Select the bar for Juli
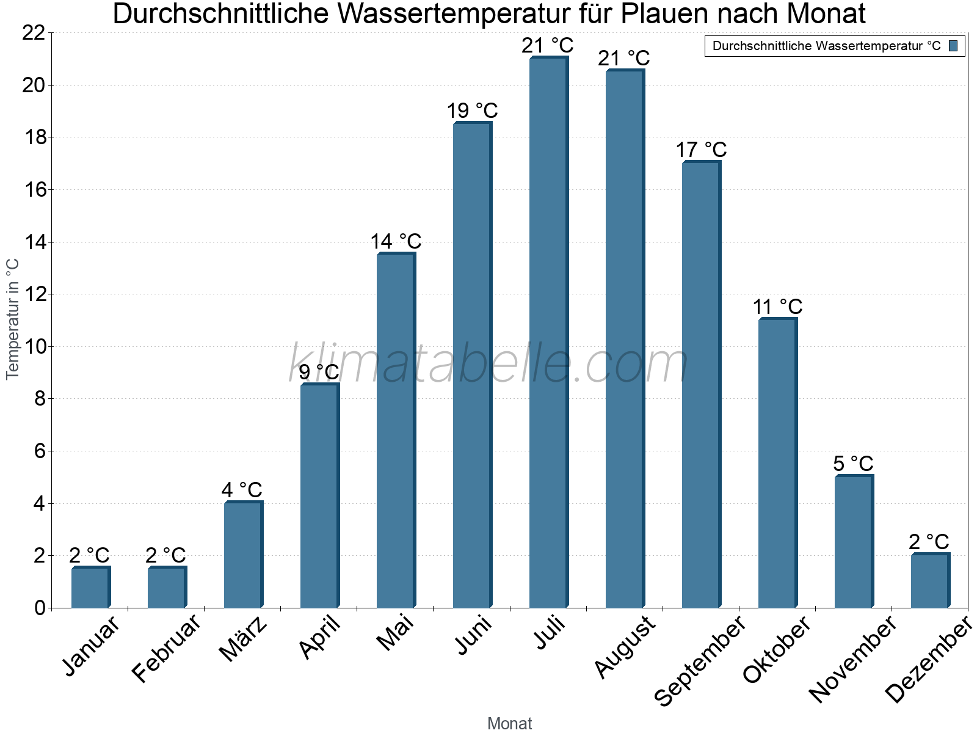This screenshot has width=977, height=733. (548, 333)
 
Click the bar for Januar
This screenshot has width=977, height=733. (90, 588)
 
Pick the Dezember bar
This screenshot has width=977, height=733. (929, 581)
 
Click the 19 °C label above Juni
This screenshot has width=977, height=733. (472, 111)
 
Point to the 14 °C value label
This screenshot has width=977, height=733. (396, 241)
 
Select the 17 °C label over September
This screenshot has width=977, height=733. (701, 150)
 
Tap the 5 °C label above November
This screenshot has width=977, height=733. (853, 464)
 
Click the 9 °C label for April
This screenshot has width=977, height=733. (319, 371)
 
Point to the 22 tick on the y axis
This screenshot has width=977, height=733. (34, 33)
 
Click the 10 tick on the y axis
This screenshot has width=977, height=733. (34, 347)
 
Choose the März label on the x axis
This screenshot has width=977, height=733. (243, 639)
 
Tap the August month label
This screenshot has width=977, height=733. (624, 647)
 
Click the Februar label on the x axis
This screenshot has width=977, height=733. (165, 648)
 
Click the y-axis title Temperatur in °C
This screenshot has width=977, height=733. (13, 319)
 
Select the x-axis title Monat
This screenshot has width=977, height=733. (509, 723)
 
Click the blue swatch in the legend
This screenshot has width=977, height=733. (953, 46)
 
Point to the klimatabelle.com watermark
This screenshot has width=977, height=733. (488, 364)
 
